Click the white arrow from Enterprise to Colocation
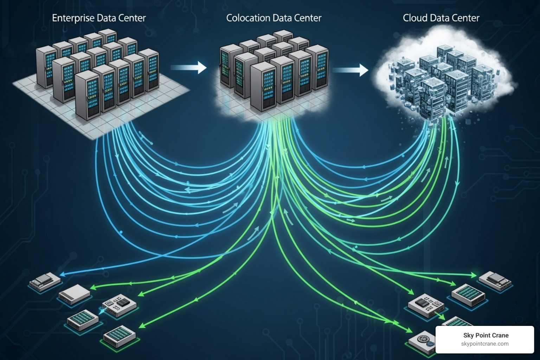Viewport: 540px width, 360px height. [189, 67]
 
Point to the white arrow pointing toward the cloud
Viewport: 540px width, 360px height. [351, 70]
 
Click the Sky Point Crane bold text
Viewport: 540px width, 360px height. [486, 335]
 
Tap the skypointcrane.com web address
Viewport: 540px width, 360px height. [485, 344]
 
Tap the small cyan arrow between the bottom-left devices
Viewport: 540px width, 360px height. [102, 311]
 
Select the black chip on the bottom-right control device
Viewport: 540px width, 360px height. [421, 301]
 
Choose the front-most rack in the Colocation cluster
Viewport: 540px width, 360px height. [263, 87]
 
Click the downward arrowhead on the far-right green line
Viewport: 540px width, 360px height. [457, 183]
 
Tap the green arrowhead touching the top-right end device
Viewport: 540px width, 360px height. [474, 274]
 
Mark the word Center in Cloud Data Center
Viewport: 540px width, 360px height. [464, 18]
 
